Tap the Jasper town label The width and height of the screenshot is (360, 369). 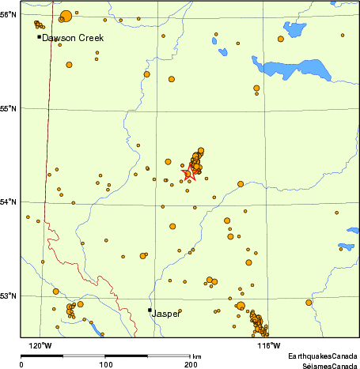[166, 313]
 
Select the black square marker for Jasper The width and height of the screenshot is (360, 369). [150, 310]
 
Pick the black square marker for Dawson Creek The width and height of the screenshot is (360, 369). [39, 36]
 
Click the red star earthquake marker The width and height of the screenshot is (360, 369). [189, 175]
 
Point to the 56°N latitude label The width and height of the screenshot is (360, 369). [9, 15]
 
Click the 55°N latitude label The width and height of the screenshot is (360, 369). [9, 108]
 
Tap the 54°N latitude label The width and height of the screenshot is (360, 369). [9, 202]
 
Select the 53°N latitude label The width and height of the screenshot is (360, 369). [9, 296]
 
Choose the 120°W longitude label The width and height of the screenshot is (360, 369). [40, 345]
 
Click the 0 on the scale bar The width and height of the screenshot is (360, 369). [21, 365]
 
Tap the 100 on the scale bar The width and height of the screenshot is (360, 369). [106, 365]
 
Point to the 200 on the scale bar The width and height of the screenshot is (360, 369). [191, 365]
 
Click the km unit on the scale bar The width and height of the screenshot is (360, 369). [196, 357]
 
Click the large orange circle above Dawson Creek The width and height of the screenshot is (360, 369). [65, 16]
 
